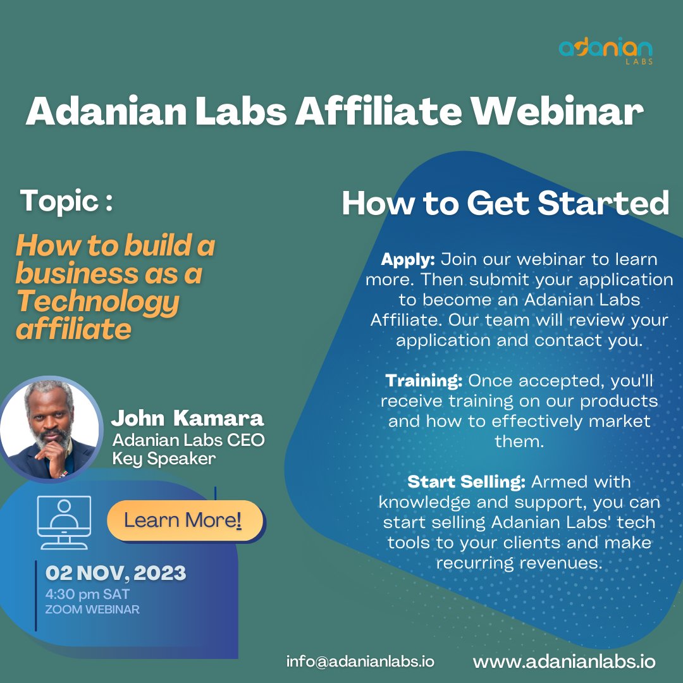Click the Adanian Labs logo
(606, 51)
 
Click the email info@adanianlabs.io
(360, 661)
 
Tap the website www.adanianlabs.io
(564, 661)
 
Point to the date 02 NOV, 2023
(116, 574)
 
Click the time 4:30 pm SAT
(87, 594)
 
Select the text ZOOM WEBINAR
(92, 610)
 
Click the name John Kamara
(187, 419)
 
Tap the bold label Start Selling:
(467, 482)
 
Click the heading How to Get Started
(505, 204)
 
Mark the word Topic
(60, 201)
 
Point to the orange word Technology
(97, 303)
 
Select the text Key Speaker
(164, 458)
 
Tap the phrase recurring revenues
(519, 563)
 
